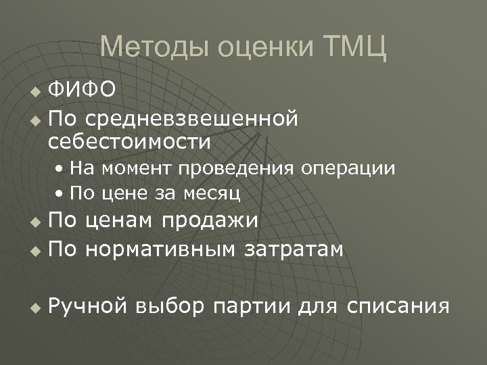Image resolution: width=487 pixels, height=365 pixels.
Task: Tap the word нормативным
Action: point(160,250)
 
